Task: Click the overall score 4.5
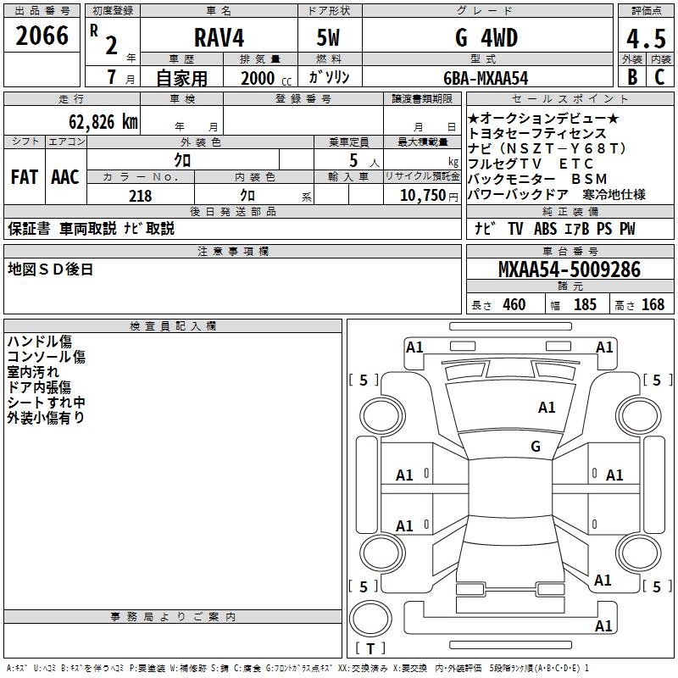coord(647,40)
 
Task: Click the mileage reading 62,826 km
coord(96,121)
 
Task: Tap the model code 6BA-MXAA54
coord(486,78)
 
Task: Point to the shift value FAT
coord(25,177)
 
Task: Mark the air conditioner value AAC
coord(65,177)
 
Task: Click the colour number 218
coord(140,196)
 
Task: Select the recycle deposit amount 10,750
coord(422,196)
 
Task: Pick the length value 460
coord(514,305)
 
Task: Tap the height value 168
coord(653,305)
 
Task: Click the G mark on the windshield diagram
coord(536,447)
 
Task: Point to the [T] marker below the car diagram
coord(370,649)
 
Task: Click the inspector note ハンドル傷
coord(39,342)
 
